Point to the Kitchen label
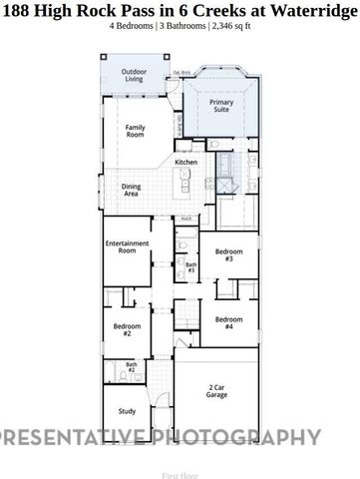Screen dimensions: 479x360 185,163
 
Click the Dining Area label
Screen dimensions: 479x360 132,191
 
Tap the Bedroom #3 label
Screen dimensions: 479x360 228,255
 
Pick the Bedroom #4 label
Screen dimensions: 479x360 228,322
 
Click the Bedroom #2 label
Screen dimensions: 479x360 123,330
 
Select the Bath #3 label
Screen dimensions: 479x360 189,267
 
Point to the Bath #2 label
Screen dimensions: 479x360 131,367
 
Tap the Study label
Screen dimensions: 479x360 127,410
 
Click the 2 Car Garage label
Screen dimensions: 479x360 217,391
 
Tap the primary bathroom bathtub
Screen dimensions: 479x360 224,161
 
